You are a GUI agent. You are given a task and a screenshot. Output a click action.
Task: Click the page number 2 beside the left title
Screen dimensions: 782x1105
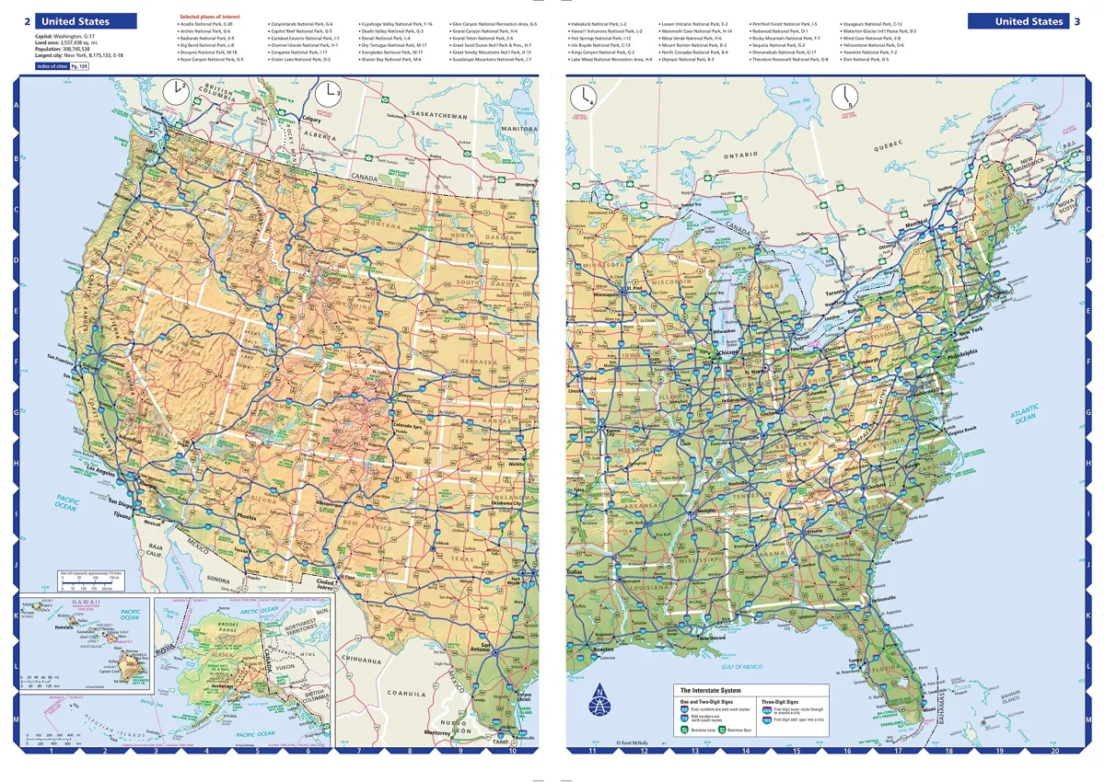26,21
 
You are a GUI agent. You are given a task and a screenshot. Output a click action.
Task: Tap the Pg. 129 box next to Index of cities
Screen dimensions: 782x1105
82,66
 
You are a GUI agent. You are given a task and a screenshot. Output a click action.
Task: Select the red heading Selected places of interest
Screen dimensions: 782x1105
208,17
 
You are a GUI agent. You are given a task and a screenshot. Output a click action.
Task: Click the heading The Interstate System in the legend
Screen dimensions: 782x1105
712,689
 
